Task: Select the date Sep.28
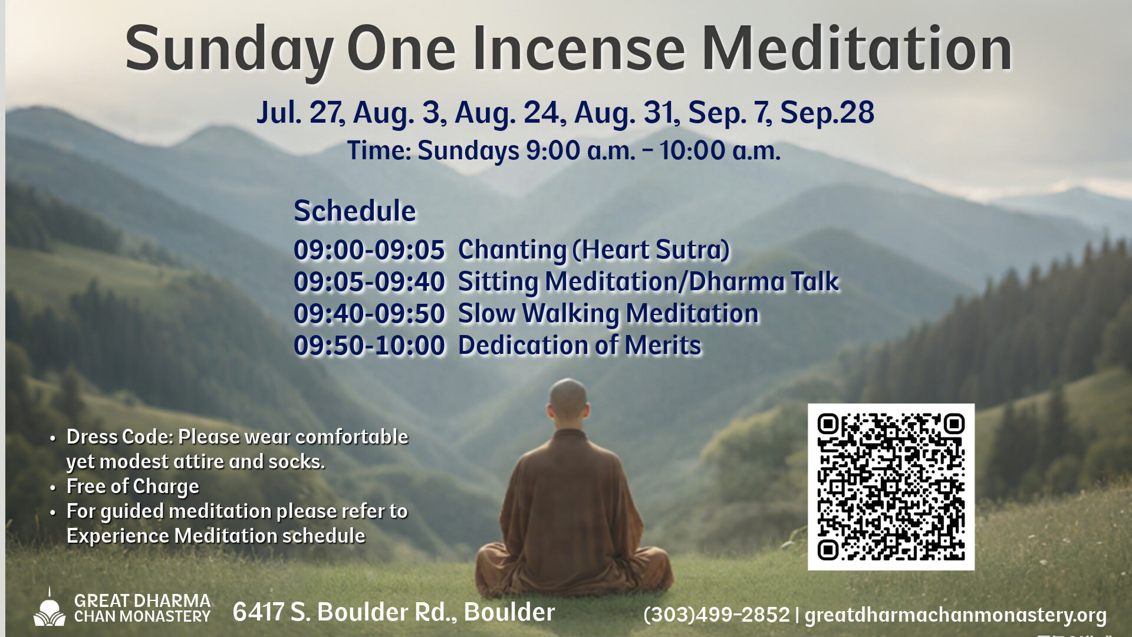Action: [x=827, y=112]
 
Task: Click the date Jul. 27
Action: [x=300, y=112]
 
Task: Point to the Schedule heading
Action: [x=354, y=211]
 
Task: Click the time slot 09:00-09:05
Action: [x=369, y=250]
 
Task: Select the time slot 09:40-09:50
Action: [x=369, y=314]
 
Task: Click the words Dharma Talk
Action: [x=764, y=282]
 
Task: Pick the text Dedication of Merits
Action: [x=580, y=346]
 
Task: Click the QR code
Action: [x=890, y=487]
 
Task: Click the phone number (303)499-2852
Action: [x=716, y=615]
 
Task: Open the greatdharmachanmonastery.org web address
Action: [x=955, y=615]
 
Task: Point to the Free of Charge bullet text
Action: [x=133, y=487]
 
